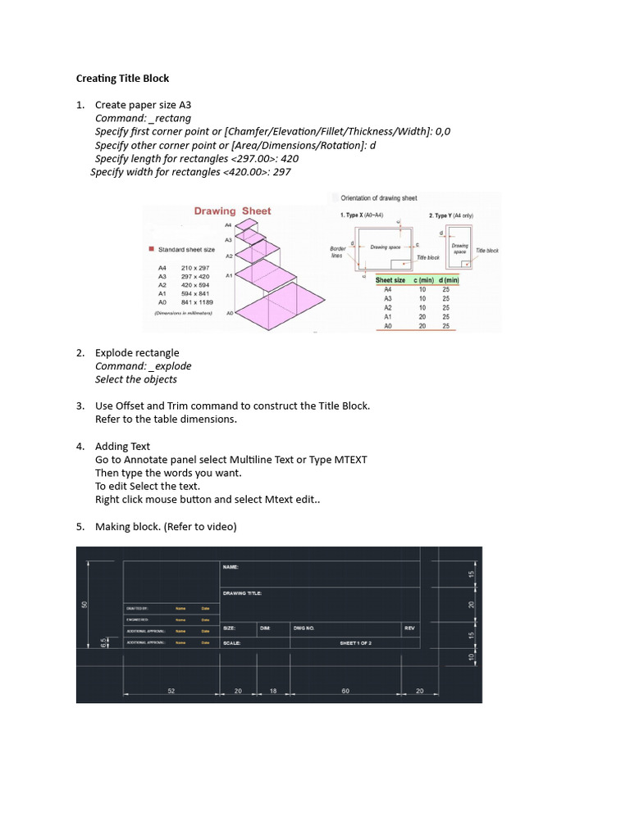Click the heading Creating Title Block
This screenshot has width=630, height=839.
coord(122,79)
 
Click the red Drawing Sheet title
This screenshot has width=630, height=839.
coord(232,211)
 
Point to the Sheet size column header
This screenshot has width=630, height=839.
coord(390,280)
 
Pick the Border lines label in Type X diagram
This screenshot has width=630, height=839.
coord(337,252)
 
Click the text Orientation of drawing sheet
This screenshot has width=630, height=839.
coord(379,198)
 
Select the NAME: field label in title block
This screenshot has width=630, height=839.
coord(231,566)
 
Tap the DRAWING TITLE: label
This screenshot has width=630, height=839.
coord(242,593)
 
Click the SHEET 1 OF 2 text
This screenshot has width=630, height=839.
coord(356,644)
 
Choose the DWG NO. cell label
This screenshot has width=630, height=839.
coord(304,628)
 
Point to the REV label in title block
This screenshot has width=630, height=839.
coord(409,628)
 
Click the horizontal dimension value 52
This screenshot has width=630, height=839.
coord(171,692)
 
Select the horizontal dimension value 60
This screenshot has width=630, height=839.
coord(346,692)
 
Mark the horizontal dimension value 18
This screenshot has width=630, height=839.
coord(273,692)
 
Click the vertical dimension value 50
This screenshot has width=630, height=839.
coord(84,605)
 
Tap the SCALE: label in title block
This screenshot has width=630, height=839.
coord(231,644)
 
